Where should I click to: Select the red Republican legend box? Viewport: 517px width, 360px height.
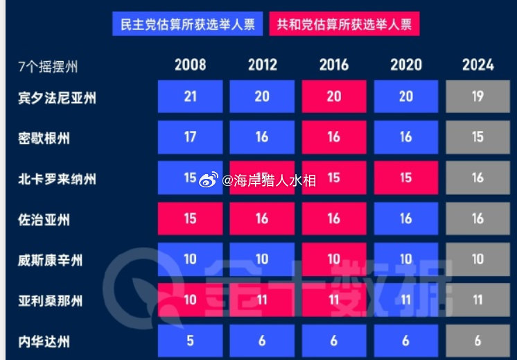point(344,25)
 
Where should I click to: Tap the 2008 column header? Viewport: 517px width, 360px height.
point(190,65)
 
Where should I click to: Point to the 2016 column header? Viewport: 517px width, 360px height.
point(334,65)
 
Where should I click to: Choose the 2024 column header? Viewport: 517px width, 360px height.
point(477,65)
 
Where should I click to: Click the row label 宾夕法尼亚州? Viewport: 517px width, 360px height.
point(57,98)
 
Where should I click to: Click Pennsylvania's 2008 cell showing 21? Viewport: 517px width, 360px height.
point(190,97)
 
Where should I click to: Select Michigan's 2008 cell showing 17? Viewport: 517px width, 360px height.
point(190,137)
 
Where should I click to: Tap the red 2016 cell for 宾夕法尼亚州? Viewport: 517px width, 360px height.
point(334,97)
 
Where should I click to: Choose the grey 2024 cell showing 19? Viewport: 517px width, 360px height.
point(477,97)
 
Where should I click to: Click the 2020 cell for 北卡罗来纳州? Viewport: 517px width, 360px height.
point(406,178)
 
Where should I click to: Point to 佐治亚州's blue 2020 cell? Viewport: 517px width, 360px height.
point(406,218)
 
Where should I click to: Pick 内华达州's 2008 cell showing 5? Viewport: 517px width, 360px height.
point(190,341)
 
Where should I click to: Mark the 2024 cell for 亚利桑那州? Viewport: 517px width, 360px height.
point(477,300)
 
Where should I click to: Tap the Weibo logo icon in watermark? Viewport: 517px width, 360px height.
point(209,180)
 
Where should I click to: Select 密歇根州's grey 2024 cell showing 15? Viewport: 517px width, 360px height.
point(477,137)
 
